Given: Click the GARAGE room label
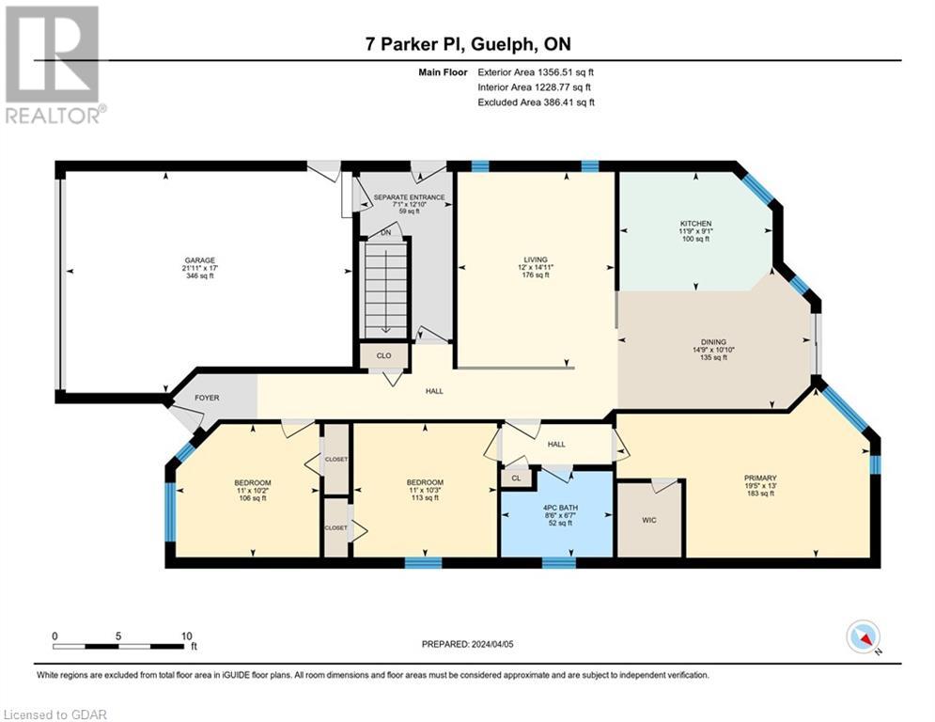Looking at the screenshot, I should (199, 260).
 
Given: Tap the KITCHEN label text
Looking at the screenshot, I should (695, 224).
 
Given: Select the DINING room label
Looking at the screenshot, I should (712, 342).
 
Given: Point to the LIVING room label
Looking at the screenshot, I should (536, 260).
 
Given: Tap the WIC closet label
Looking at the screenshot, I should (649, 519).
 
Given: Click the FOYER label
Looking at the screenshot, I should (207, 398).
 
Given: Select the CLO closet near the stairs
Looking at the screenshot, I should (384, 356).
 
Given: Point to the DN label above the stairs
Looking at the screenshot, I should (385, 234).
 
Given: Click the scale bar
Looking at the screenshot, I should (118, 646).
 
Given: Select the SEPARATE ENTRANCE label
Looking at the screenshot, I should (409, 197).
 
